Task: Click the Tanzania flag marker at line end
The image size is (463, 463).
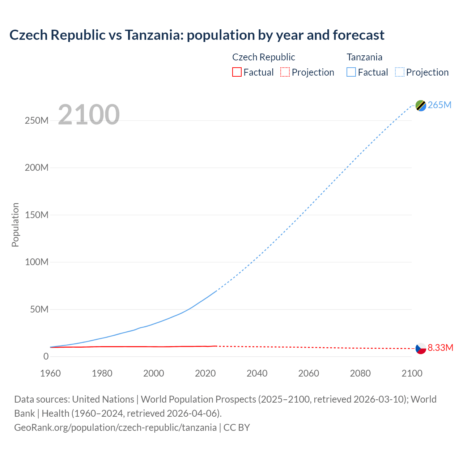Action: click(x=421, y=105)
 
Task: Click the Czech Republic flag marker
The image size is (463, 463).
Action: click(x=421, y=348)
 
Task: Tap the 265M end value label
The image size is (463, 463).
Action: click(x=439, y=105)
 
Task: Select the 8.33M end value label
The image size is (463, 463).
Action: click(x=440, y=348)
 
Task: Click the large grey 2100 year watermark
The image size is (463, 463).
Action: click(x=89, y=114)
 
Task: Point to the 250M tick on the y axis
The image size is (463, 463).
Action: click(x=37, y=120)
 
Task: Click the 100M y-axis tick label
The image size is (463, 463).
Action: click(x=37, y=262)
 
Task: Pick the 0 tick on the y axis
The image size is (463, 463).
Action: click(x=46, y=356)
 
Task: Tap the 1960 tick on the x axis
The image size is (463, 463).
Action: click(x=50, y=373)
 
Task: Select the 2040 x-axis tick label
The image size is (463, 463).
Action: click(x=257, y=373)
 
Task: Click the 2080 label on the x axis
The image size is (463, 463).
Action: click(x=360, y=373)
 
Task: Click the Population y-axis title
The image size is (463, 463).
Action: click(x=15, y=225)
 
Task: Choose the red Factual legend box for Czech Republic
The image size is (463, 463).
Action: click(x=237, y=72)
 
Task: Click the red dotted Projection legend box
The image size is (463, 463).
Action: click(x=285, y=72)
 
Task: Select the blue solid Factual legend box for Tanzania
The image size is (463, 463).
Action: click(x=351, y=72)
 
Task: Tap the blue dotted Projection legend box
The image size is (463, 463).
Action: click(x=399, y=72)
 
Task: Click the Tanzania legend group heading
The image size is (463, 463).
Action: click(x=364, y=57)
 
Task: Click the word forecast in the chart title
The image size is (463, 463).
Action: click(x=358, y=35)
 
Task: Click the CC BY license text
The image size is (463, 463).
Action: click(x=237, y=427)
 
